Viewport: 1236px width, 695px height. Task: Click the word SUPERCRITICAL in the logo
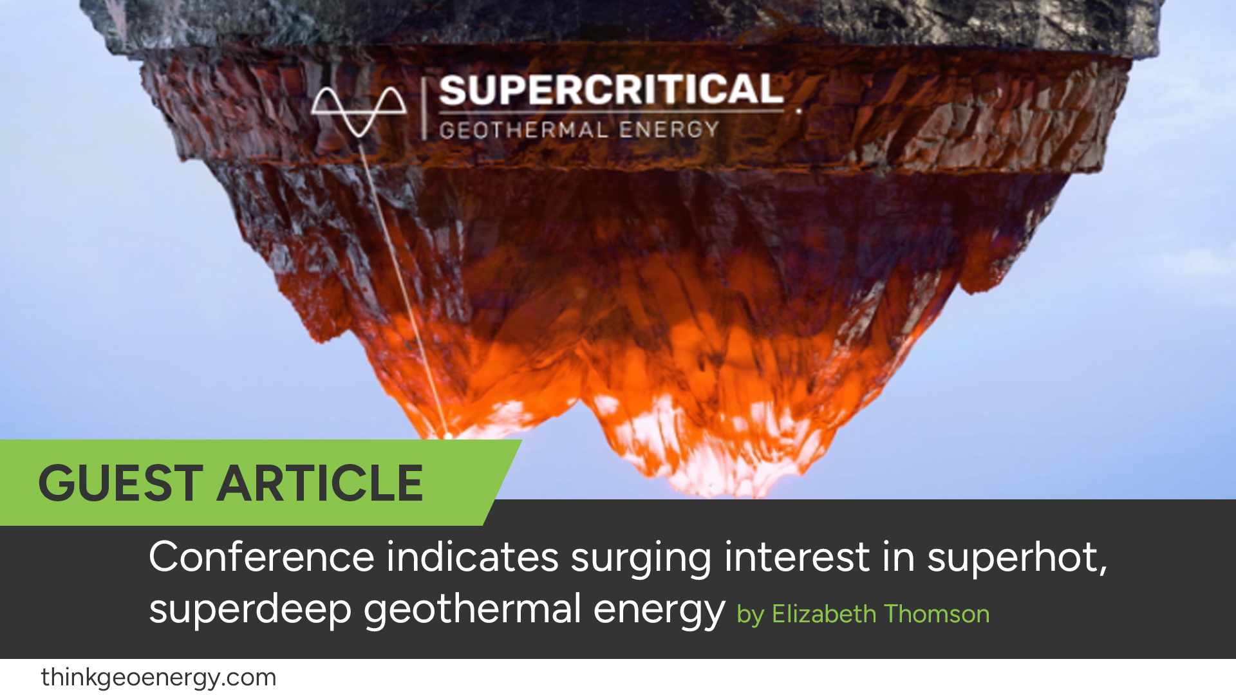tap(611, 90)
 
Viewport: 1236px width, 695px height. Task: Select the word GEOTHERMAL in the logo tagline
tap(523, 130)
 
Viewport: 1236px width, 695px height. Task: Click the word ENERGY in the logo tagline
tap(669, 129)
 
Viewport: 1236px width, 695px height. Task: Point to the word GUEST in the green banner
tap(121, 483)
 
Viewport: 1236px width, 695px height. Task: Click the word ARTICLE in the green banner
tap(320, 483)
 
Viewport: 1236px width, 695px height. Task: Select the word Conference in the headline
tap(261, 557)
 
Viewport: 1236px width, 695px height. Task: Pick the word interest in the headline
tap(797, 557)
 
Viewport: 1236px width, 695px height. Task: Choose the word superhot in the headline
tap(1016, 557)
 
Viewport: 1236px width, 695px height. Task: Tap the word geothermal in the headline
tap(473, 609)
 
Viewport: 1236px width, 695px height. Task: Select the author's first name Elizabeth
tap(823, 614)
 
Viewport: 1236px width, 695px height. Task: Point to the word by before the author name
tap(750, 615)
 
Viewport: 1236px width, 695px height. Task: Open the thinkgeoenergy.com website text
tap(158, 678)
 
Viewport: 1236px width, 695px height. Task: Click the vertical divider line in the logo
tap(424, 108)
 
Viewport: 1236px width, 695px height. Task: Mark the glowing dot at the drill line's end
tap(448, 436)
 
